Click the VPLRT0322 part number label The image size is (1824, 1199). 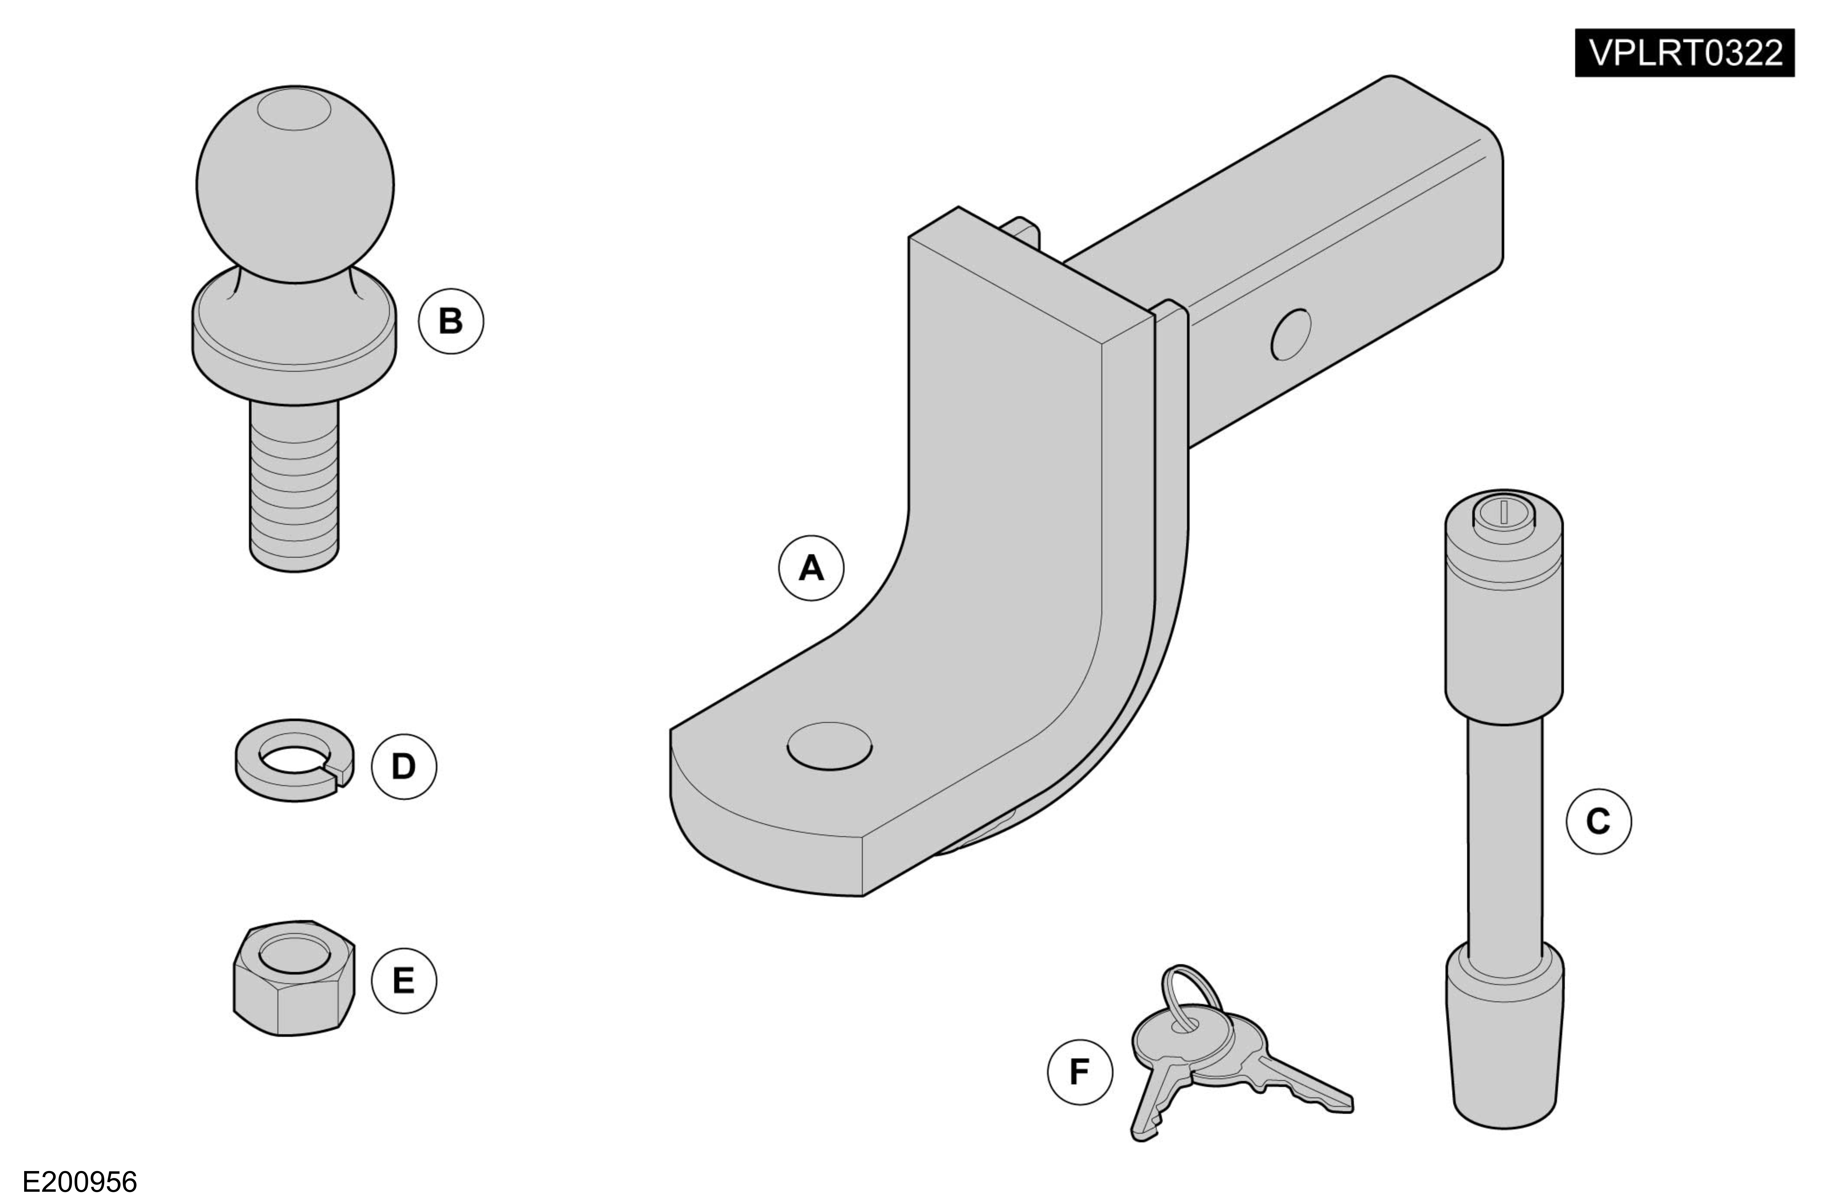(1684, 53)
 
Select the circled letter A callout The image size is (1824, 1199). (811, 568)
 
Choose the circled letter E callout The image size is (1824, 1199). (404, 980)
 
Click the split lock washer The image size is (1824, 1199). (294, 760)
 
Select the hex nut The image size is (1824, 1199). (294, 978)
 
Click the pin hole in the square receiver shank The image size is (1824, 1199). (1291, 335)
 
